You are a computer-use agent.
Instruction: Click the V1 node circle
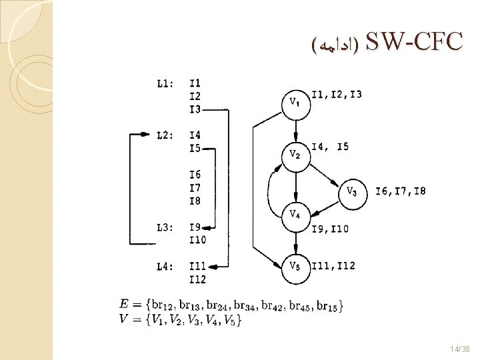(x=295, y=103)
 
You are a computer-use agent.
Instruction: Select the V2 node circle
(x=295, y=155)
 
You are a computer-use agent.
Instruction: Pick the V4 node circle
(x=295, y=215)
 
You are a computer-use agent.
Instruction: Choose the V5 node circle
(x=295, y=267)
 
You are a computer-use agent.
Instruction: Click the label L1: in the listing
(x=165, y=83)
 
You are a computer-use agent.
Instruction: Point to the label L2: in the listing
(x=165, y=135)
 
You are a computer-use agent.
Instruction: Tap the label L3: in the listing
(x=165, y=227)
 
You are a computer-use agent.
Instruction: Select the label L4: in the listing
(x=165, y=267)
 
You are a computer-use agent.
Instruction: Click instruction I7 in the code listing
(x=195, y=188)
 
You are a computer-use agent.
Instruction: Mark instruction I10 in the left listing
(x=197, y=240)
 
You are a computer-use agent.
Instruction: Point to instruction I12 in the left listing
(x=197, y=279)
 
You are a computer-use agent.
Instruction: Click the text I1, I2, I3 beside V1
(x=337, y=95)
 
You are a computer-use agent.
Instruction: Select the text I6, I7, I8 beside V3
(x=400, y=192)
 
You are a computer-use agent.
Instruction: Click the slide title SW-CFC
(x=413, y=41)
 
